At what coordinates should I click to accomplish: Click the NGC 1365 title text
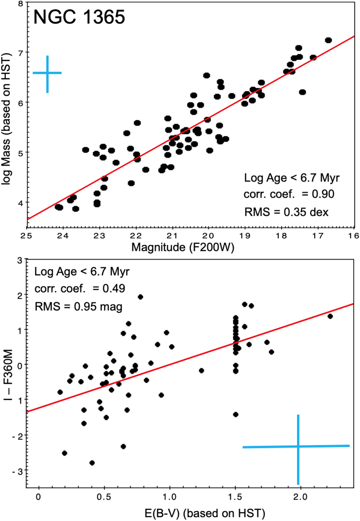click(79, 17)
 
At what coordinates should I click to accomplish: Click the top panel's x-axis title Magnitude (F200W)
click(183, 247)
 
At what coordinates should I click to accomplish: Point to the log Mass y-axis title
click(7, 119)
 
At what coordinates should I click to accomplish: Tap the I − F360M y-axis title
click(8, 375)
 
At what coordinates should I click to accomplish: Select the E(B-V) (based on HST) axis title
click(205, 513)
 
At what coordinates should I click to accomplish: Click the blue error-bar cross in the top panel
click(47, 73)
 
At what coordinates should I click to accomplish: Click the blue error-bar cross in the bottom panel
click(298, 446)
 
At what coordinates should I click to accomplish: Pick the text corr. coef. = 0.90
click(289, 194)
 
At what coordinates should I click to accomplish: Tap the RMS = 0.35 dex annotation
click(286, 212)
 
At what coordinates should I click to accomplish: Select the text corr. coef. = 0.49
click(80, 288)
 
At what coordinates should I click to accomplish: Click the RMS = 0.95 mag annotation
click(78, 306)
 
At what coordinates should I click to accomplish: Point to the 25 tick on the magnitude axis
click(26, 236)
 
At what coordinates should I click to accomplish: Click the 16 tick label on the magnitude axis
click(354, 236)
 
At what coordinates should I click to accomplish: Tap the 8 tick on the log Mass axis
click(20, 4)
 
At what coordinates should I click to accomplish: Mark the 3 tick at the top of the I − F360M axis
click(20, 260)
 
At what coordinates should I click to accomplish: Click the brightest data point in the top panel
click(328, 40)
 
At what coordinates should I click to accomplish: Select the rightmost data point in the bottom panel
click(330, 316)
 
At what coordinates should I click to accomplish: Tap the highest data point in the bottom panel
click(140, 297)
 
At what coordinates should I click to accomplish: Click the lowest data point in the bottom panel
click(92, 463)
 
